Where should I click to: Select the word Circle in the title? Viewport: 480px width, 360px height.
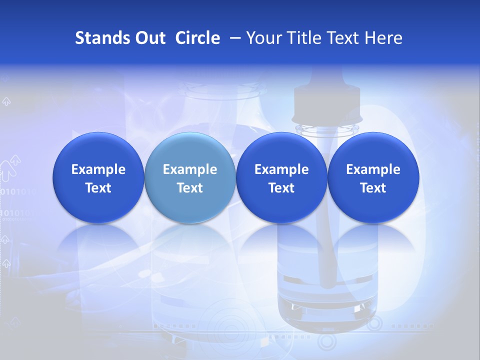[197, 38]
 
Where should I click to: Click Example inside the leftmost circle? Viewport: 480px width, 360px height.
[98, 169]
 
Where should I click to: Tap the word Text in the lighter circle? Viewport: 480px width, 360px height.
[190, 188]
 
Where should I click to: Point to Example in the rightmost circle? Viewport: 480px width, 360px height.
[373, 169]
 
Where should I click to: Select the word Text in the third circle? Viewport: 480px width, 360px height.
[281, 188]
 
